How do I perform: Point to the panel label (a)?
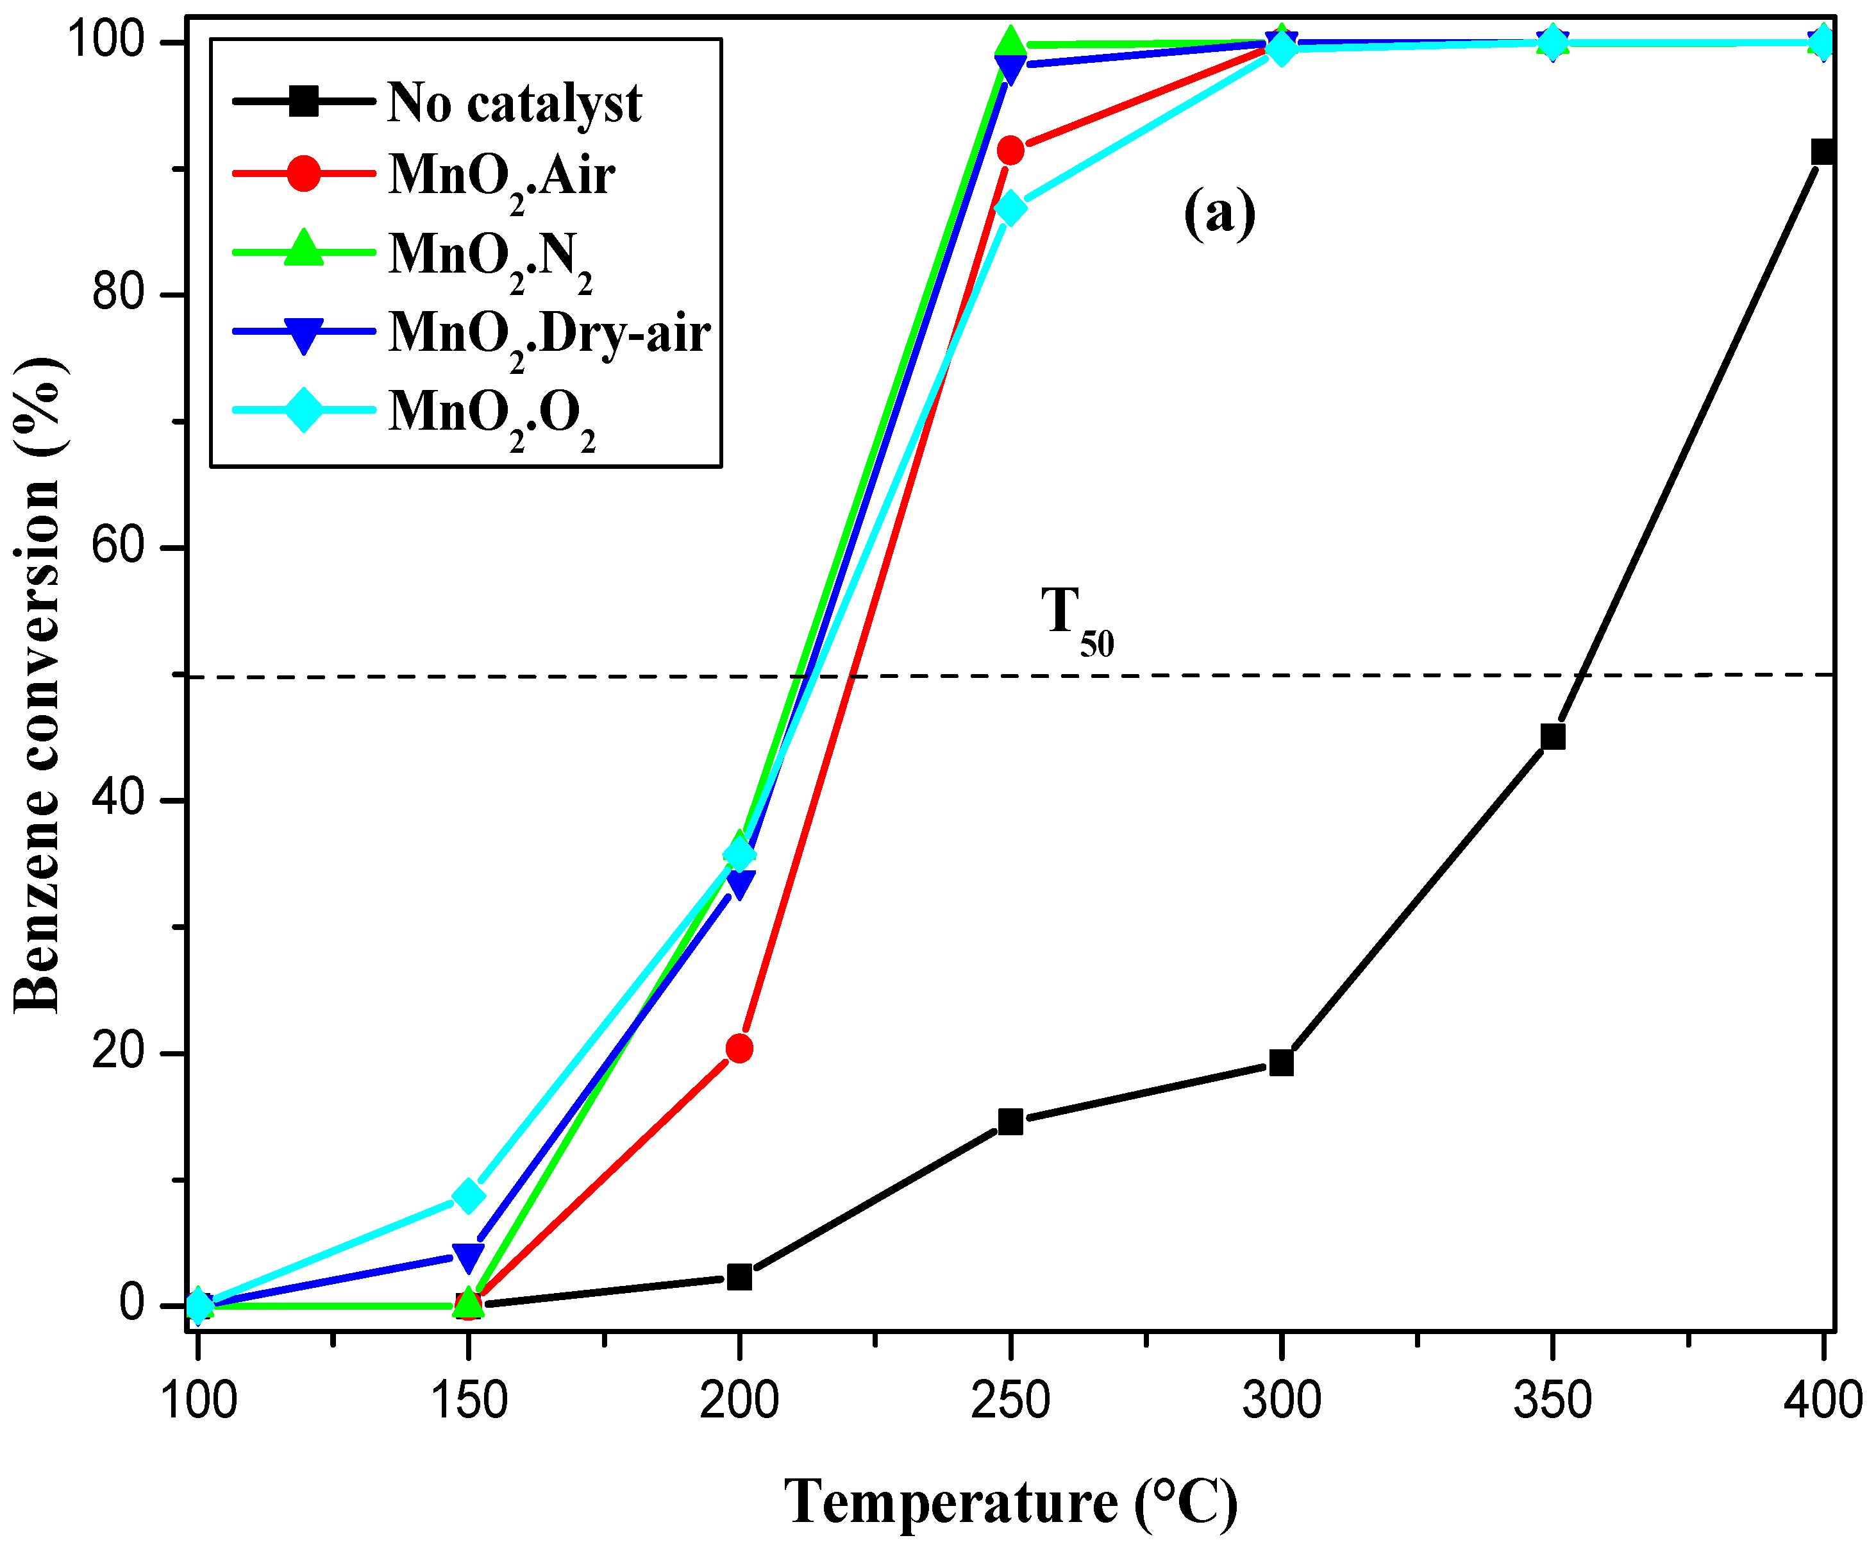[x=1219, y=214]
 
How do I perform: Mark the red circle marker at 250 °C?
[x=1010, y=151]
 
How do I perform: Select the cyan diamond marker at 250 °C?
[x=1010, y=208]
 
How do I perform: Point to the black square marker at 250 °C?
[x=1010, y=1122]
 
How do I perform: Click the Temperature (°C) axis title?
[x=1010, y=1501]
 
